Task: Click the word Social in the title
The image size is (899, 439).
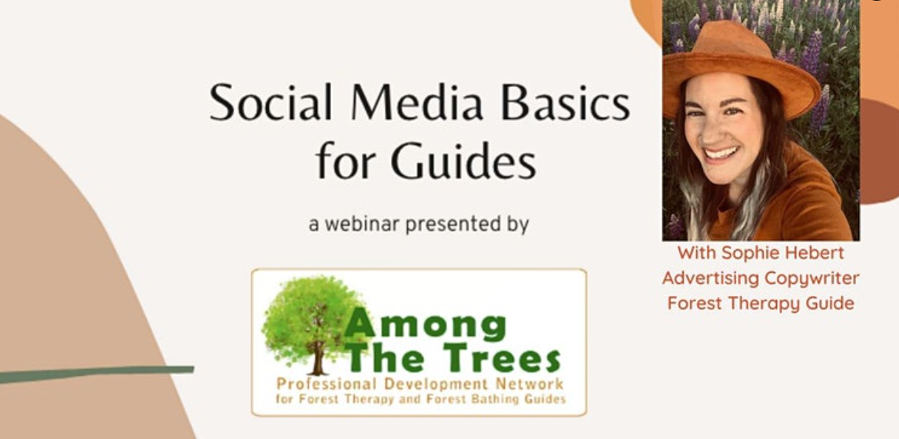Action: click(270, 103)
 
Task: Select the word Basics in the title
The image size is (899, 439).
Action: click(566, 103)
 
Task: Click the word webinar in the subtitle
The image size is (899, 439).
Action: click(362, 224)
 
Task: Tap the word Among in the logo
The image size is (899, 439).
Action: click(425, 325)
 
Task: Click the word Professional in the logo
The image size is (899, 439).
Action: click(324, 384)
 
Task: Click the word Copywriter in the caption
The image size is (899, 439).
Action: click(812, 278)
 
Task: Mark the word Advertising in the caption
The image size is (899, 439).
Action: click(711, 278)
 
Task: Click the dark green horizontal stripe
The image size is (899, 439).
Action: click(97, 374)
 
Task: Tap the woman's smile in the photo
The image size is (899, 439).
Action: click(722, 154)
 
